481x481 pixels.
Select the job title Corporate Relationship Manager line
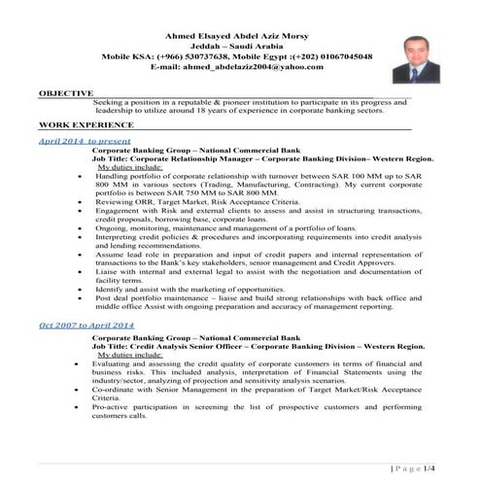262,159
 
